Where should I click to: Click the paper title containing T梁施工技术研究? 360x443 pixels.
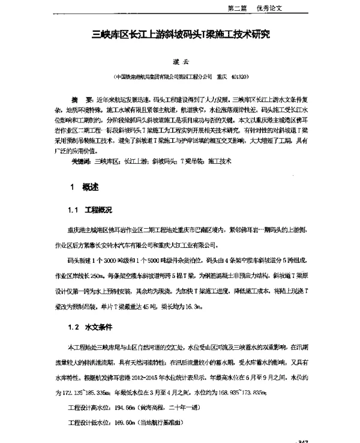[181, 35]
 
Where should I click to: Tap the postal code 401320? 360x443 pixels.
[239, 77]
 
